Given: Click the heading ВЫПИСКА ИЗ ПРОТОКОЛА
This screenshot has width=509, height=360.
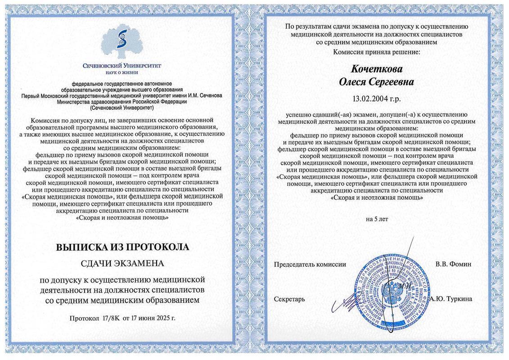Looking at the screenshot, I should [122, 247].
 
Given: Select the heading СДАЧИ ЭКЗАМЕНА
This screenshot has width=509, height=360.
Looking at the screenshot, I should [122, 263].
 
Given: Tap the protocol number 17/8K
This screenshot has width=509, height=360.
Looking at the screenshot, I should [106, 318].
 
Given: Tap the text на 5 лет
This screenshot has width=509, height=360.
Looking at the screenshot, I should [377, 219].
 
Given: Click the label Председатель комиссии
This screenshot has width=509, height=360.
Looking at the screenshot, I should [310, 264].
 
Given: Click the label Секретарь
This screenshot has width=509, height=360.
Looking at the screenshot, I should [289, 299].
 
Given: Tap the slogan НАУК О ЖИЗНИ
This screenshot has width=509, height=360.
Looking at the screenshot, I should [122, 72].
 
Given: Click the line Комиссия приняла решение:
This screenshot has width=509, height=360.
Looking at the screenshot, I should [376, 52].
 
